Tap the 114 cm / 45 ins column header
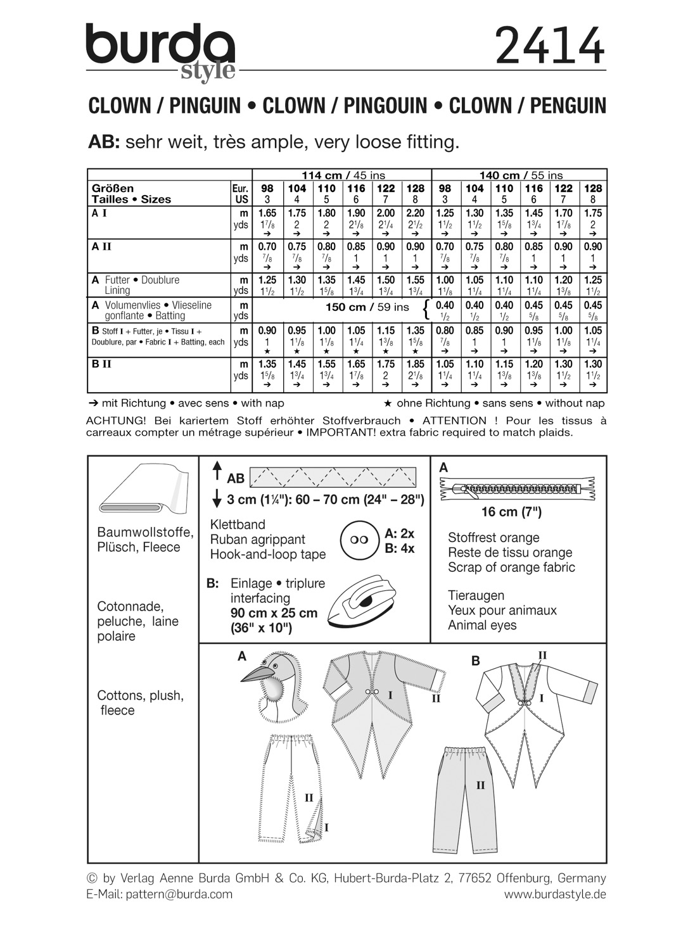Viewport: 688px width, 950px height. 342,175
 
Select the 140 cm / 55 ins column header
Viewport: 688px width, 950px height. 519,175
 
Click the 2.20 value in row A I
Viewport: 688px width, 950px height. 415,213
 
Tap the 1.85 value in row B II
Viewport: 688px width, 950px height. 415,364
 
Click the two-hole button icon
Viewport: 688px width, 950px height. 359,540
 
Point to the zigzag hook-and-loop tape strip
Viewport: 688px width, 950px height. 333,476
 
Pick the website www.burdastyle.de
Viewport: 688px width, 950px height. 555,894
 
